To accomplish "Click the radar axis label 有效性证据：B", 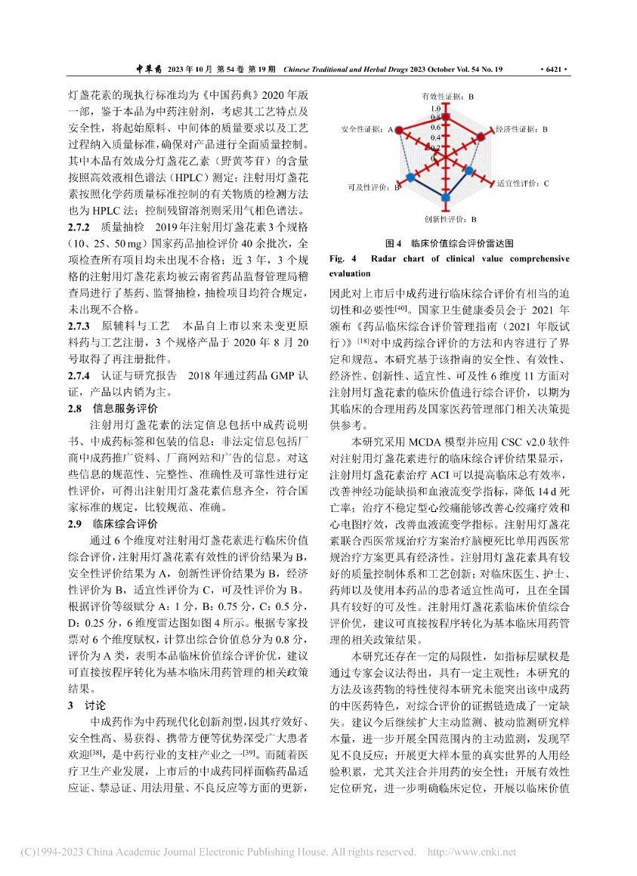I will point(447,97).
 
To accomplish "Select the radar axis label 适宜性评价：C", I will point(523,184).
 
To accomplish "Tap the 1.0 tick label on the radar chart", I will point(435,109).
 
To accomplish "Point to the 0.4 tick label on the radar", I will point(435,137).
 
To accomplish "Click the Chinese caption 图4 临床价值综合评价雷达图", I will point(449,244).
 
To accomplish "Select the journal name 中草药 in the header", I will point(149,69).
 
